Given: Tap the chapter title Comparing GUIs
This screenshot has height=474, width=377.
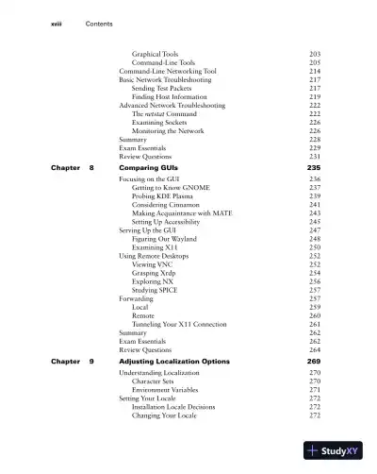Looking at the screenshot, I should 152,166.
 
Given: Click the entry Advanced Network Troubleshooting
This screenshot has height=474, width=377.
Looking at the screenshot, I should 172,105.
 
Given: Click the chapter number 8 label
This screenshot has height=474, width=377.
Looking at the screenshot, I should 91,166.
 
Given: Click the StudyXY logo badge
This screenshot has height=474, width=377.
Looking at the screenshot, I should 334,451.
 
